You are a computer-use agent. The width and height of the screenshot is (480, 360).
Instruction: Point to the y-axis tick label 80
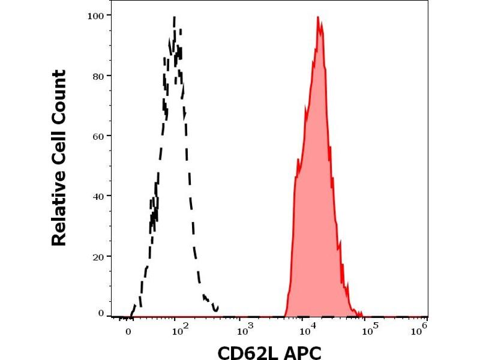click(98, 76)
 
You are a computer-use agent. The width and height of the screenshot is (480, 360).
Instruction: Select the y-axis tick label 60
click(98, 136)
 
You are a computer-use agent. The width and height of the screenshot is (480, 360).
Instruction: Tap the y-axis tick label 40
click(98, 196)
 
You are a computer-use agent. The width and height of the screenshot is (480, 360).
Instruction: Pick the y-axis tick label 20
click(98, 256)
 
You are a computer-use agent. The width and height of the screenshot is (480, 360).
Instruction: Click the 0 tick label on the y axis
click(101, 313)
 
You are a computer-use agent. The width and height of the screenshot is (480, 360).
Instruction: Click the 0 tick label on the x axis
click(128, 331)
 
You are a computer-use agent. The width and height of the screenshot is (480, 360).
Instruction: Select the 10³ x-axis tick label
click(244, 329)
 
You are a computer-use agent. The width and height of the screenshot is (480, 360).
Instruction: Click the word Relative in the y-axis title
click(59, 211)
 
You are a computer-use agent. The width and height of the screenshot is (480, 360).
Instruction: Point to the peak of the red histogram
click(318, 17)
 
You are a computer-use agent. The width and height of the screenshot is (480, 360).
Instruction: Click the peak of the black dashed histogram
click(174, 18)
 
